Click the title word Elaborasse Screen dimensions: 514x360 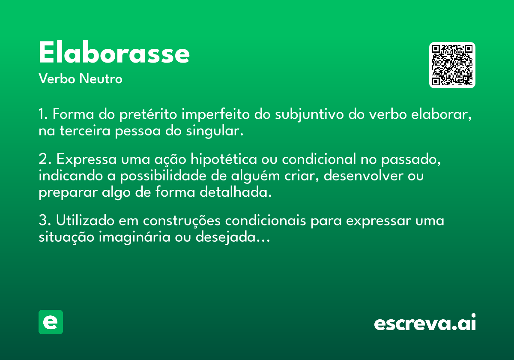click(x=114, y=52)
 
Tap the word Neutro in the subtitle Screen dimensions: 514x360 click(x=101, y=79)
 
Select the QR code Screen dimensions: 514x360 click(x=452, y=65)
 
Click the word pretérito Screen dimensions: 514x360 click(x=148, y=114)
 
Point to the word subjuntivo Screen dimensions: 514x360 click(x=309, y=114)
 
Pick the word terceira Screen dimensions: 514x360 click(x=85, y=131)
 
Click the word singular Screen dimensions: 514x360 click(x=215, y=131)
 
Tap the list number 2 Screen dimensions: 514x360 click(x=45, y=159)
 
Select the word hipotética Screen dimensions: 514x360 click(x=224, y=159)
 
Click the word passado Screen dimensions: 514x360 click(x=411, y=159)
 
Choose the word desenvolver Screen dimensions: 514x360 click(x=364, y=176)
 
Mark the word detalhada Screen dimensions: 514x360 click(x=236, y=192)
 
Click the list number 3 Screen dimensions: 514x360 click(x=45, y=220)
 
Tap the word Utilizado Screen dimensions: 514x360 click(x=85, y=220)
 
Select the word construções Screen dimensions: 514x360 click(x=182, y=221)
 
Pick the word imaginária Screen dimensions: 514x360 click(x=134, y=237)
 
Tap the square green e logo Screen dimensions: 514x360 click(x=51, y=322)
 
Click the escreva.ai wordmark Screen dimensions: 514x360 click(x=425, y=322)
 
